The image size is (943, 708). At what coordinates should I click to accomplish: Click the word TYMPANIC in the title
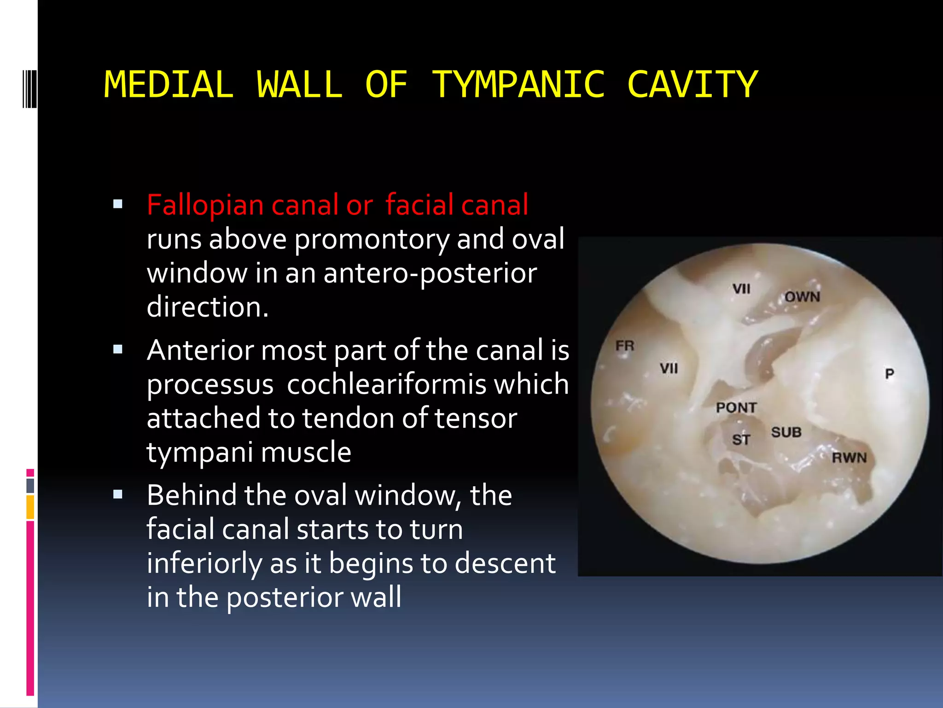pyautogui.click(x=518, y=85)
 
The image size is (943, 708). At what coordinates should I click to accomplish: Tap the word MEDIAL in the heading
pyautogui.click(x=169, y=85)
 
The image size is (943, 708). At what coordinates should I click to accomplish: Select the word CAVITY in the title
pyautogui.click(x=692, y=85)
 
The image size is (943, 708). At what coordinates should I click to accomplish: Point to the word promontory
pyautogui.click(x=371, y=239)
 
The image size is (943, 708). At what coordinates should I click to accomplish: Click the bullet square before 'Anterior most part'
pyautogui.click(x=118, y=349)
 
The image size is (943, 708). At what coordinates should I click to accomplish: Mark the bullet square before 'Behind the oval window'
pyautogui.click(x=118, y=495)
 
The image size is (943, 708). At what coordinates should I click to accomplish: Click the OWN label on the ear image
pyautogui.click(x=802, y=297)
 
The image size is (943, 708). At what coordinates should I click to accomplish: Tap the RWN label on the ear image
pyautogui.click(x=849, y=458)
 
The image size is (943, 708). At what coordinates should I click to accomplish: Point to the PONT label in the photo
pyautogui.click(x=736, y=407)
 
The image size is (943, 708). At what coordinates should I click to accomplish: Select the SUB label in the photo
pyautogui.click(x=786, y=432)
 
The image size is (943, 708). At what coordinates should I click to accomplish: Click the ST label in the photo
pyautogui.click(x=741, y=440)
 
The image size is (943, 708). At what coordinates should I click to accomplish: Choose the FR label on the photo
pyautogui.click(x=625, y=346)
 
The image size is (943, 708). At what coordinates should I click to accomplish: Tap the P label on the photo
pyautogui.click(x=889, y=373)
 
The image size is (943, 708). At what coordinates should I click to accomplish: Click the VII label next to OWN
pyautogui.click(x=741, y=289)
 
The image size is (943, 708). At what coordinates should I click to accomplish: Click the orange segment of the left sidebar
pyautogui.click(x=30, y=507)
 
